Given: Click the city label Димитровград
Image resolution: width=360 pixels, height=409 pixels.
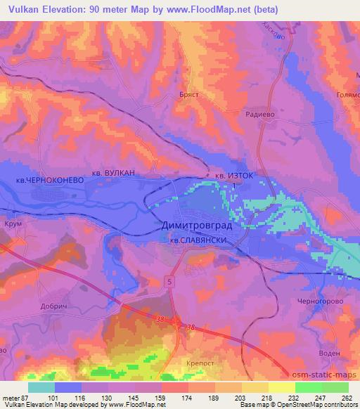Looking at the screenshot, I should pos(201,226).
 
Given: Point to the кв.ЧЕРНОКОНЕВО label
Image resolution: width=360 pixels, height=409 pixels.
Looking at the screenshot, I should pos(50,181).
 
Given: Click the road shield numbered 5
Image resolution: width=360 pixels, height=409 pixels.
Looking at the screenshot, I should pos(169,281).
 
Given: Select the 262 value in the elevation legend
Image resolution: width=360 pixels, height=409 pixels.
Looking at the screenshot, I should pos(346,397).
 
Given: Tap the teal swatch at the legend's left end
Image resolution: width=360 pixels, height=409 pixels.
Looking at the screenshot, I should pos(41,387).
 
